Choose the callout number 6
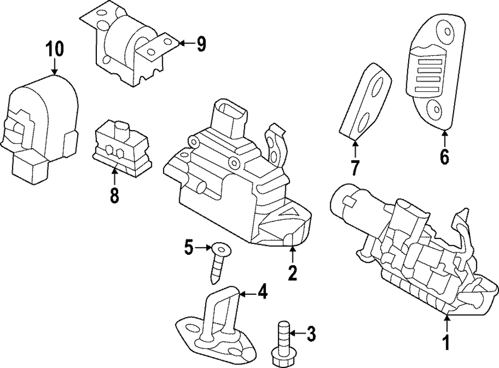(x=444, y=157)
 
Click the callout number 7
(x=355, y=168)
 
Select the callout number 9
(x=201, y=44)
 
